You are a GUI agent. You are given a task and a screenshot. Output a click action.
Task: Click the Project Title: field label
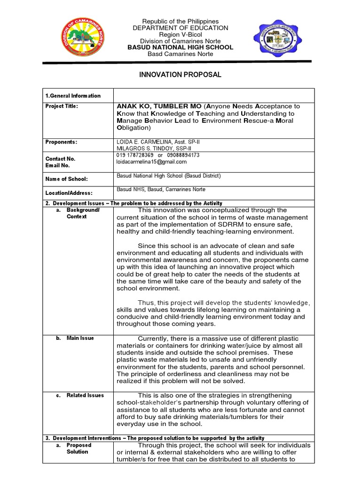pyautogui.click(x=62, y=106)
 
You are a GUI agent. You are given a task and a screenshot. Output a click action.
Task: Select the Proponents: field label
pyautogui.click(x=61, y=142)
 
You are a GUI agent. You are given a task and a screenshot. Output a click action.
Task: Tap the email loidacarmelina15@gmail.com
pyautogui.click(x=151, y=161)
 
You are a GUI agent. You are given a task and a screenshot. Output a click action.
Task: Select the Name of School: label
pyautogui.click(x=66, y=179)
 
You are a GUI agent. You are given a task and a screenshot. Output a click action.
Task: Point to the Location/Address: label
pyautogui.click(x=69, y=193)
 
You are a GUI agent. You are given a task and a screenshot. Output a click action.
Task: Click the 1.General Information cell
pyautogui.click(x=73, y=96)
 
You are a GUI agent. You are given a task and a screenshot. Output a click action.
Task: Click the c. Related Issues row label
pyautogui.click(x=82, y=395)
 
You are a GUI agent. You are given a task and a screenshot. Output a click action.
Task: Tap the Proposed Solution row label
pyautogui.click(x=78, y=448)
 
